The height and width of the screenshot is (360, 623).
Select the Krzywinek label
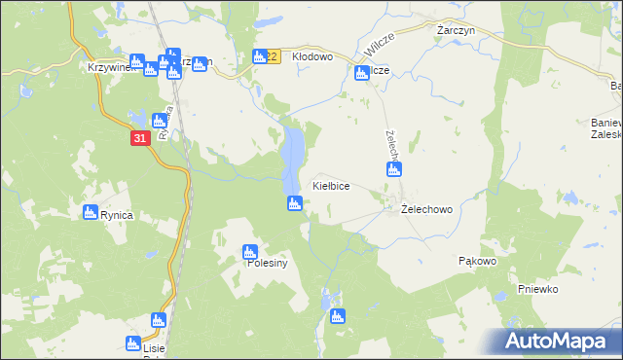click(x=107, y=68)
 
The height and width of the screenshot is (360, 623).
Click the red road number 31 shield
click(x=140, y=139)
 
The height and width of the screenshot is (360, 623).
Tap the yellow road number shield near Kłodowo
click(x=273, y=57)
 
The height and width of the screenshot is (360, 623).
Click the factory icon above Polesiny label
click(x=251, y=253)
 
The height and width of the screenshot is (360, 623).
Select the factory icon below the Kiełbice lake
click(x=295, y=203)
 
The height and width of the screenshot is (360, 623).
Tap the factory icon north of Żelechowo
click(x=394, y=170)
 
